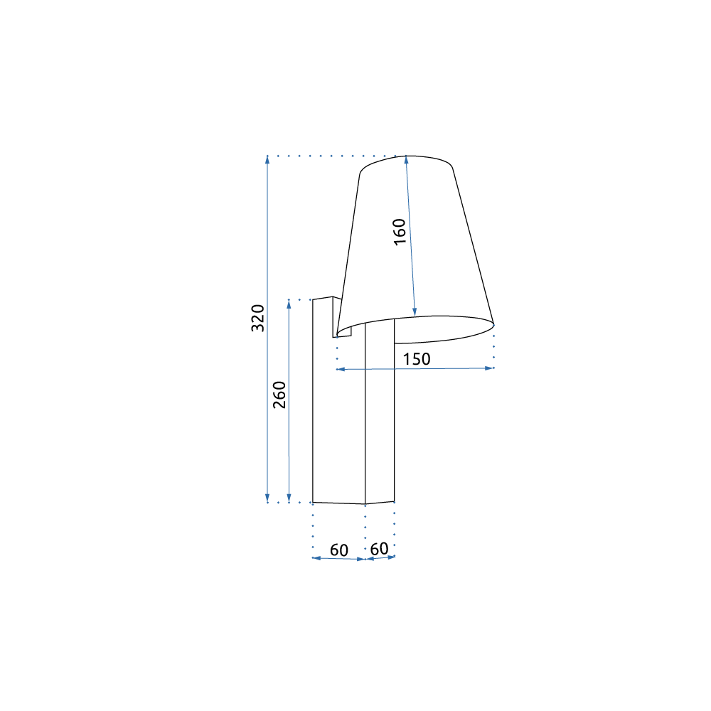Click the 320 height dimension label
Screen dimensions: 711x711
tap(258, 318)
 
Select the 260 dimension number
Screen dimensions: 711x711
tap(279, 395)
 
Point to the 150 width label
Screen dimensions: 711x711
tap(417, 359)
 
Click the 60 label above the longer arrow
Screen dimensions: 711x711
tap(339, 550)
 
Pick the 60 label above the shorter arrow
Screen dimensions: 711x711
tap(379, 549)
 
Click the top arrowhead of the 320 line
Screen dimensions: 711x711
tap(267, 159)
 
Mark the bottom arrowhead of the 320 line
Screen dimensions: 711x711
tap(267, 498)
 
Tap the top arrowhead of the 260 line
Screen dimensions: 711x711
tap(289, 303)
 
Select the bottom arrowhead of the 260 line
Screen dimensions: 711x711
tap(289, 498)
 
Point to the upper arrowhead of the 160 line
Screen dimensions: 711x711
tap(406, 160)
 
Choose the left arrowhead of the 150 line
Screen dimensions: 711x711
tap(340, 369)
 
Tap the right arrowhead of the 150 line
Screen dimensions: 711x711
tap(490, 368)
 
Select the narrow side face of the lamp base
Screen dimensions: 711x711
tap(379, 419)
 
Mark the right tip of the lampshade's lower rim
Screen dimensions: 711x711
tap(493, 324)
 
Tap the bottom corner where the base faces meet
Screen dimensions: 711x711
tap(365, 504)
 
